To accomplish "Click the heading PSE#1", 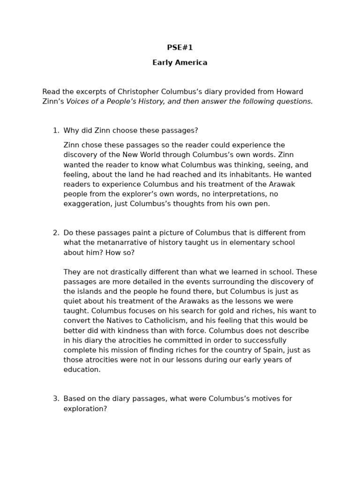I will coord(180,48).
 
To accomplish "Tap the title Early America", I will coord(180,62).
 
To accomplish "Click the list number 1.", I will coord(56,131).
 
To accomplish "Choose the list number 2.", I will coord(56,233).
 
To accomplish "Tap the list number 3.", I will coord(56,399).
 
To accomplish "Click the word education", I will coord(82,370).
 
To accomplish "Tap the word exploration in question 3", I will coord(85,409).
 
